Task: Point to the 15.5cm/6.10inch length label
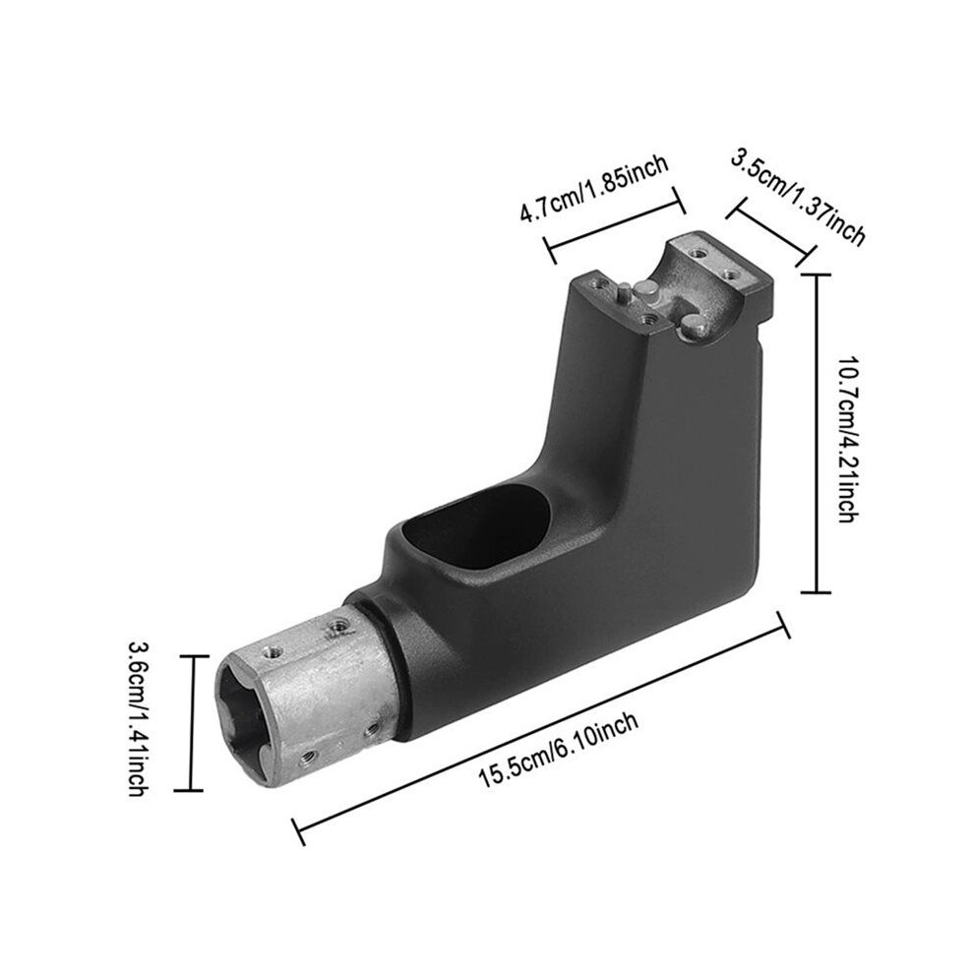[558, 751]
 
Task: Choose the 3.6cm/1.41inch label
[138, 719]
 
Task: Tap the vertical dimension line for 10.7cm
[815, 433]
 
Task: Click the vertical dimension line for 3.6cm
[190, 723]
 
